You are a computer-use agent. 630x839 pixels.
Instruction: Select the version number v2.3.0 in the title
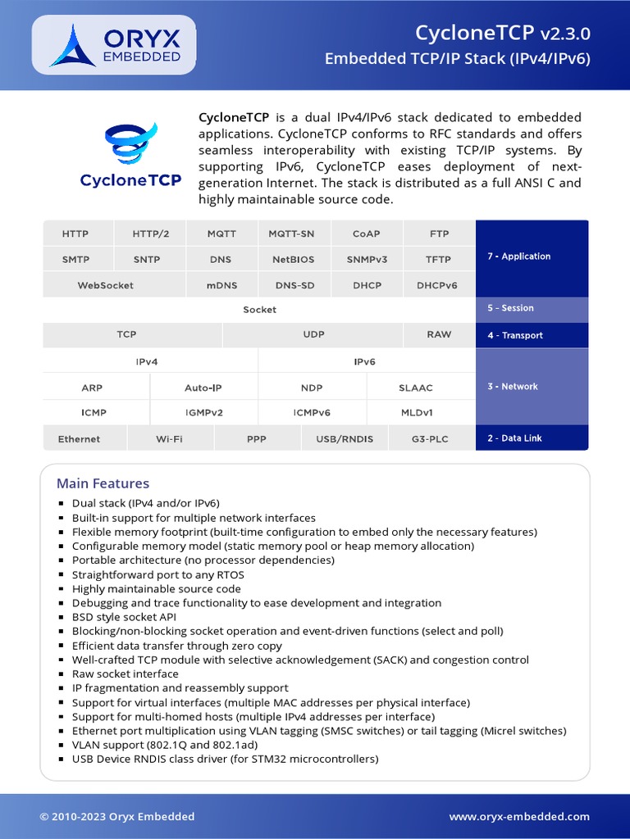pos(564,34)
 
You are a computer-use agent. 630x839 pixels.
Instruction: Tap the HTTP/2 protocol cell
pos(151,234)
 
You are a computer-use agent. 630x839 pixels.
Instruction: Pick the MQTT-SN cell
pos(291,234)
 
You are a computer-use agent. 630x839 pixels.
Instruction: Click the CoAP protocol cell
pos(366,234)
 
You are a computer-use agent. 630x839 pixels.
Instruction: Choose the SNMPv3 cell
pos(366,260)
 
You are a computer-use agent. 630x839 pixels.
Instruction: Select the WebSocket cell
pos(105,286)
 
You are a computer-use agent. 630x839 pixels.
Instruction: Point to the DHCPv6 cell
pos(436,286)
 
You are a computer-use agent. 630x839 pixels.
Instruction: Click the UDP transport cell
pos(313,334)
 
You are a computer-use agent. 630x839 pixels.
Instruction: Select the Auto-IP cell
pos(203,388)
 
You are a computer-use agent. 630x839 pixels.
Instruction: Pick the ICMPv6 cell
pos(312,413)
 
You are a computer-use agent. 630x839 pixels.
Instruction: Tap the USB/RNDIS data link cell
pos(345,439)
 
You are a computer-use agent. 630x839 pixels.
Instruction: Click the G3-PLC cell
pos(430,439)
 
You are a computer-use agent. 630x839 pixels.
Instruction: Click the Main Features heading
pos(103,483)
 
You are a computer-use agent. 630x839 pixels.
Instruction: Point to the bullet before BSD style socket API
pos(62,618)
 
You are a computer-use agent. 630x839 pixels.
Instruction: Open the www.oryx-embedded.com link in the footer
pos(519,816)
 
